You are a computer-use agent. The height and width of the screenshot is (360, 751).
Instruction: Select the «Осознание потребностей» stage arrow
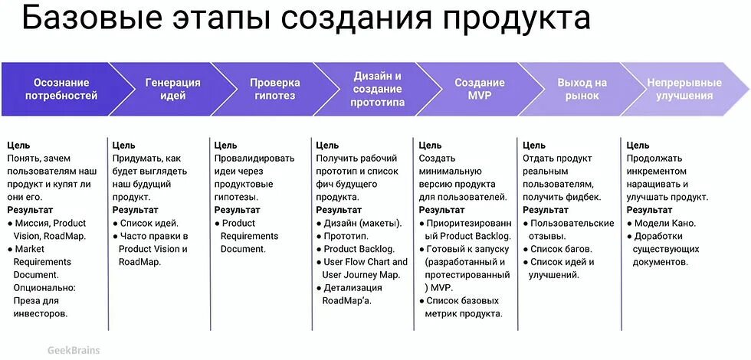tap(61, 90)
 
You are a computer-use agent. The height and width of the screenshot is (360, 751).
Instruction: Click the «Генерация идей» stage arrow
tap(172, 90)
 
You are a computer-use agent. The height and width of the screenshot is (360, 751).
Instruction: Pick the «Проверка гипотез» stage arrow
tap(274, 90)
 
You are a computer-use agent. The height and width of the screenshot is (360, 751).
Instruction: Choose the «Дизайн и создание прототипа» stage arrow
tap(377, 90)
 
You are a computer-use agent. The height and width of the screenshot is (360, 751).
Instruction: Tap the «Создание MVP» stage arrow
tap(480, 90)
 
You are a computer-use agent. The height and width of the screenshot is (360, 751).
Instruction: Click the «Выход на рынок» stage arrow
tap(582, 90)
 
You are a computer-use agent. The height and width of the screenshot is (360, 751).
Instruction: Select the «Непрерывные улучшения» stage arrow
tap(684, 90)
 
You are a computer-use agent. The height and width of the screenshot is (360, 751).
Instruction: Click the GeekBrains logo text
tap(73, 350)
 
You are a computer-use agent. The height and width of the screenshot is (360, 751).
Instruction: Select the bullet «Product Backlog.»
tap(359, 249)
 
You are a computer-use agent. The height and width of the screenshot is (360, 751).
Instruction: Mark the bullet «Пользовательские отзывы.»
tap(571, 230)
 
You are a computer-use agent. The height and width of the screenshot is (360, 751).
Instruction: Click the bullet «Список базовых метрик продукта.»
tap(464, 307)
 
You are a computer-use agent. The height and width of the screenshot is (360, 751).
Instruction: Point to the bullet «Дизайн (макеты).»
tap(362, 223)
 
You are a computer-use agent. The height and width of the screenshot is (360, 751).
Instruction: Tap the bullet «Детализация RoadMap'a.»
tap(352, 294)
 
